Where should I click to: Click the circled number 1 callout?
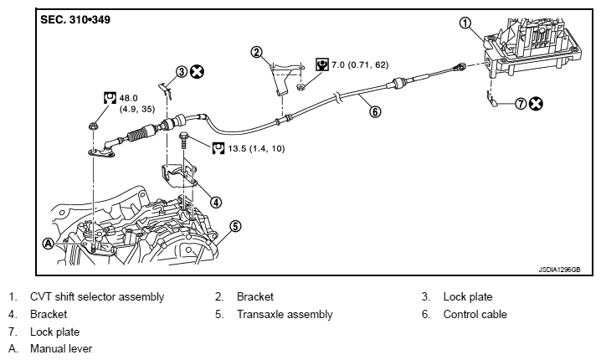coord(465,23)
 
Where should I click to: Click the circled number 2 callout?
coord(256,52)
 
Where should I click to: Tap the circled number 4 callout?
coord(216,202)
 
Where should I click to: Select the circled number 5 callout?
coord(235,226)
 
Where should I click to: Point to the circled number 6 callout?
coord(375,111)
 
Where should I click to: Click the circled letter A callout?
coord(48,244)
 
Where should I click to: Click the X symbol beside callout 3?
coord(198,71)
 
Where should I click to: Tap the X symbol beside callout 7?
coord(536,104)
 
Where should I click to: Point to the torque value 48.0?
coord(128,98)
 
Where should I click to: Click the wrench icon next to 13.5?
coord(218,148)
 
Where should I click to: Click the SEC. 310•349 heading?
coord(75,19)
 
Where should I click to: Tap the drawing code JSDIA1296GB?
coord(559,270)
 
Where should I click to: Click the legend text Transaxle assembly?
coord(285,315)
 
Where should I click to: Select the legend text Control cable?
coord(475,315)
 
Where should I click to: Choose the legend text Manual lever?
coord(61,348)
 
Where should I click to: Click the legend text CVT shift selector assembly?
coord(97,296)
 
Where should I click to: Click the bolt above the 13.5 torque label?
coord(184,141)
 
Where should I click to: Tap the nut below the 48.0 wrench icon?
coord(93,126)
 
